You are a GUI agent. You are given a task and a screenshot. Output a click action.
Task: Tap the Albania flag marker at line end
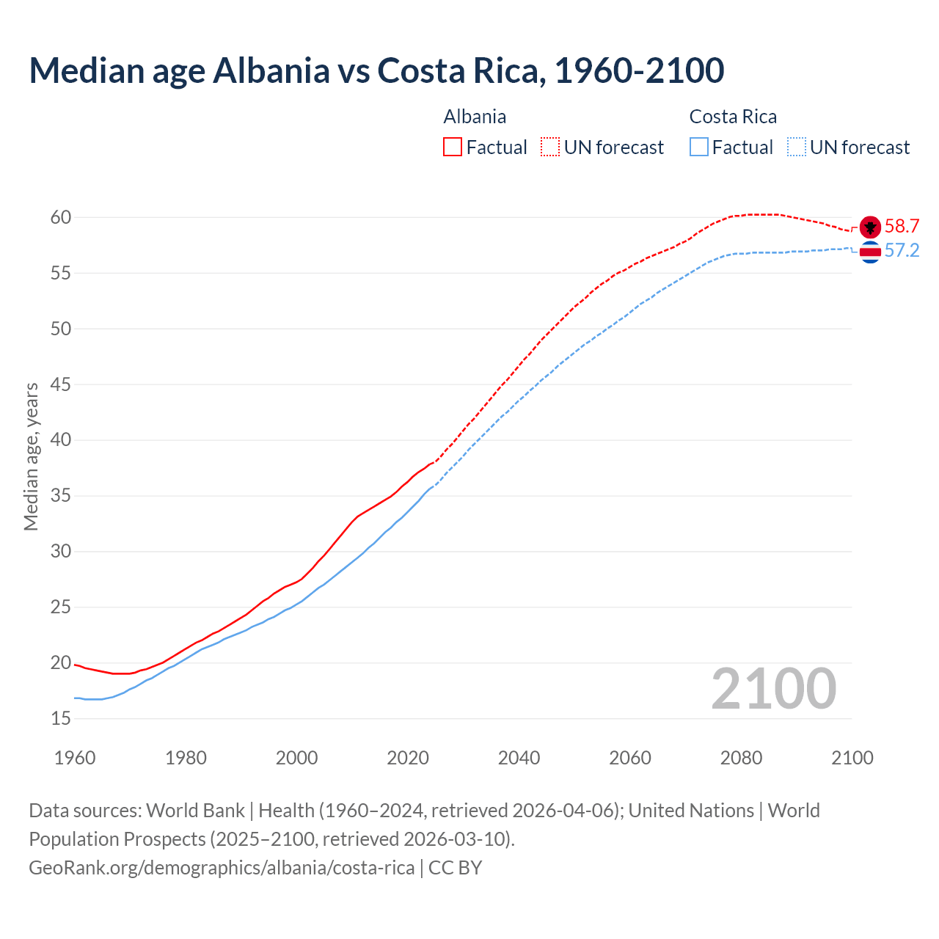coord(870,227)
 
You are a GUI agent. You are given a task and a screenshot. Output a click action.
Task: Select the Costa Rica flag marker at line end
coord(870,252)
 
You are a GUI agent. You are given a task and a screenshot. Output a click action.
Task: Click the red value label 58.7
coord(902,226)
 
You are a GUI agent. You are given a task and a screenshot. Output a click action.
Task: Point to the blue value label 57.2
coord(902,251)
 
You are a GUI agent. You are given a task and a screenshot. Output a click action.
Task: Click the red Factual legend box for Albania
coord(453,147)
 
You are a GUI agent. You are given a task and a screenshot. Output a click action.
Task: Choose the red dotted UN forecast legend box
coord(550,147)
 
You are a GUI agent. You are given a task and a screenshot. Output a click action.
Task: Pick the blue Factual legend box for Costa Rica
coord(699,147)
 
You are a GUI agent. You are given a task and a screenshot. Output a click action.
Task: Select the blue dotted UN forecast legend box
coord(796,147)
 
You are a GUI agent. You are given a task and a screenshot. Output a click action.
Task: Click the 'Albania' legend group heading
coord(475,117)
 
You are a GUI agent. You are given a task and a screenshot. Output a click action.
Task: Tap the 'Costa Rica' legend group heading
coord(733,117)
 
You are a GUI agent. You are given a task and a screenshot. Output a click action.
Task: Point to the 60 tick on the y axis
coord(61,217)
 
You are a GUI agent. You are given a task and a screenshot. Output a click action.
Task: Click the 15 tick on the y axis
coord(61,718)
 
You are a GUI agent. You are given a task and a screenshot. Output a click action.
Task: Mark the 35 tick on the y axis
coord(61,495)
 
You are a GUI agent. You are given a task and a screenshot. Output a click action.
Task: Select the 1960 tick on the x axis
coord(75,758)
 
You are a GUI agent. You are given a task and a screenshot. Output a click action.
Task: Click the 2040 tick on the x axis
coord(519,758)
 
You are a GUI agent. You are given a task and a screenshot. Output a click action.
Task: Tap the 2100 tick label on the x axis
coord(852,758)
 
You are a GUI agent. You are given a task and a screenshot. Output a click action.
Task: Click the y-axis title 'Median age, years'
coord(31,456)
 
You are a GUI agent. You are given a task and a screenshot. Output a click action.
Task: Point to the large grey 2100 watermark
coord(773,689)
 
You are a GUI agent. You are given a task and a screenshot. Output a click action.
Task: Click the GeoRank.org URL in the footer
coord(222,867)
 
